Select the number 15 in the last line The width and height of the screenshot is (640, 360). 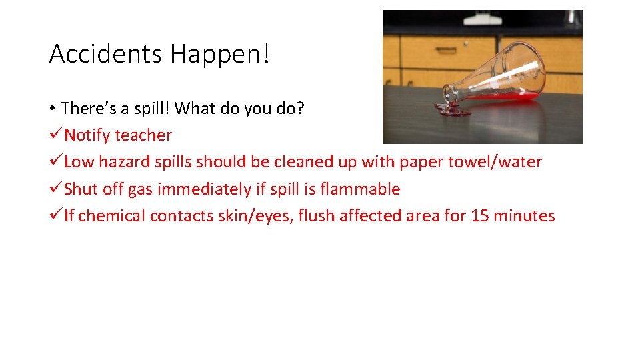[x=480, y=216]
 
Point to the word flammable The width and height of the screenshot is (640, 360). [x=360, y=189]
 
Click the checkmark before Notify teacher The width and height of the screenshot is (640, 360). [x=55, y=135]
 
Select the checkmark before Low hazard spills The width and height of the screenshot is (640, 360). [x=55, y=162]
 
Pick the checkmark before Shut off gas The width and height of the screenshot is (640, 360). [x=55, y=189]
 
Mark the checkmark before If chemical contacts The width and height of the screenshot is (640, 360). [x=55, y=216]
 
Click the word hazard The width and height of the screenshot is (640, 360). [x=121, y=162]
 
